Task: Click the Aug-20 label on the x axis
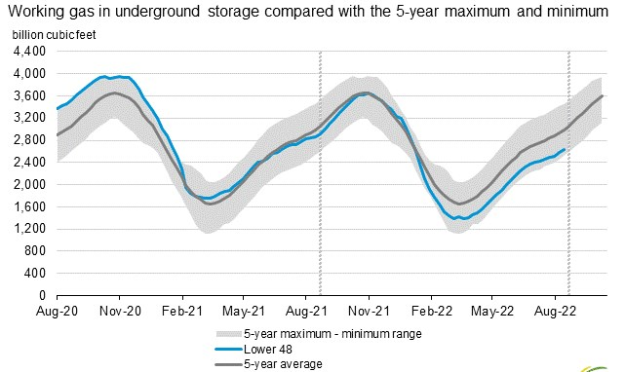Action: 57,311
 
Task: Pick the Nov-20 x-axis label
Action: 119,311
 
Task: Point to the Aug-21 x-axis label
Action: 306,311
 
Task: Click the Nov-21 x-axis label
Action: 369,311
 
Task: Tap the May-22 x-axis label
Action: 492,311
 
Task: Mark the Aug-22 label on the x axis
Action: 555,311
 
